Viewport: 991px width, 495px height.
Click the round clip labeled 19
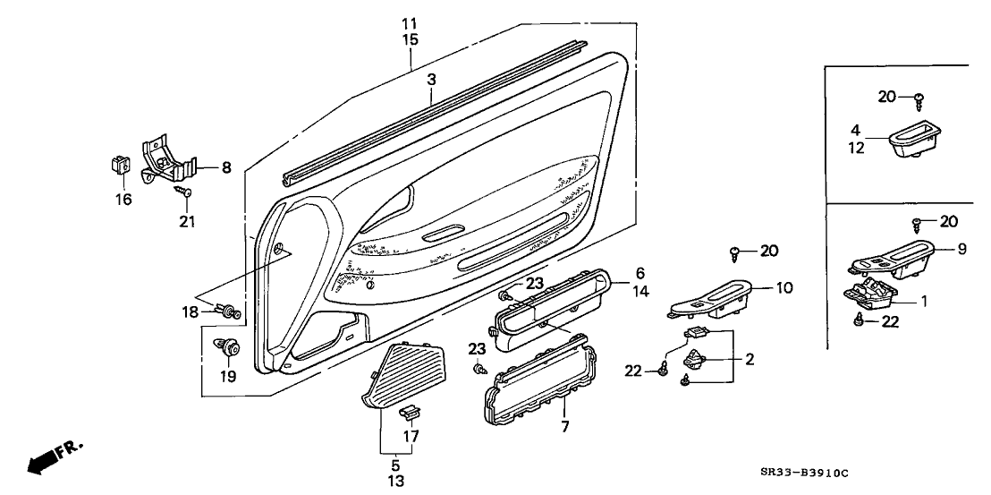click(228, 346)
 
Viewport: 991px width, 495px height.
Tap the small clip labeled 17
click(411, 413)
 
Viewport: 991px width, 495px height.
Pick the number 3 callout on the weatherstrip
click(431, 80)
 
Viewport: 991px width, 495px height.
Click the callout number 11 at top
click(410, 22)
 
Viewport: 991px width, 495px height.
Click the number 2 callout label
click(750, 359)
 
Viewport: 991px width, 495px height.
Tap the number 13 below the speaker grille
click(394, 481)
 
